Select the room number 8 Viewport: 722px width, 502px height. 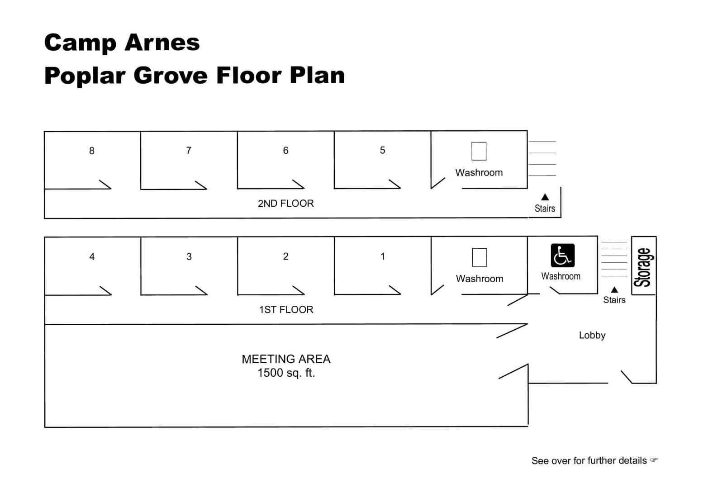pos(92,151)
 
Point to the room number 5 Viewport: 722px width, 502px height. pos(382,150)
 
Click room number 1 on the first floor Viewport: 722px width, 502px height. pos(383,256)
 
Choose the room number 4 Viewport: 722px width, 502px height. pos(92,257)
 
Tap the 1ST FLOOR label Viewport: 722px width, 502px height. pos(286,310)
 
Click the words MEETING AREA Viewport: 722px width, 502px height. pos(286,359)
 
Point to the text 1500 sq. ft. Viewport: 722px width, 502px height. pos(286,373)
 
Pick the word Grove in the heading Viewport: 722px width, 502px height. pos(171,76)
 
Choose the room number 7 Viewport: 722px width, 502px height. pos(189,151)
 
